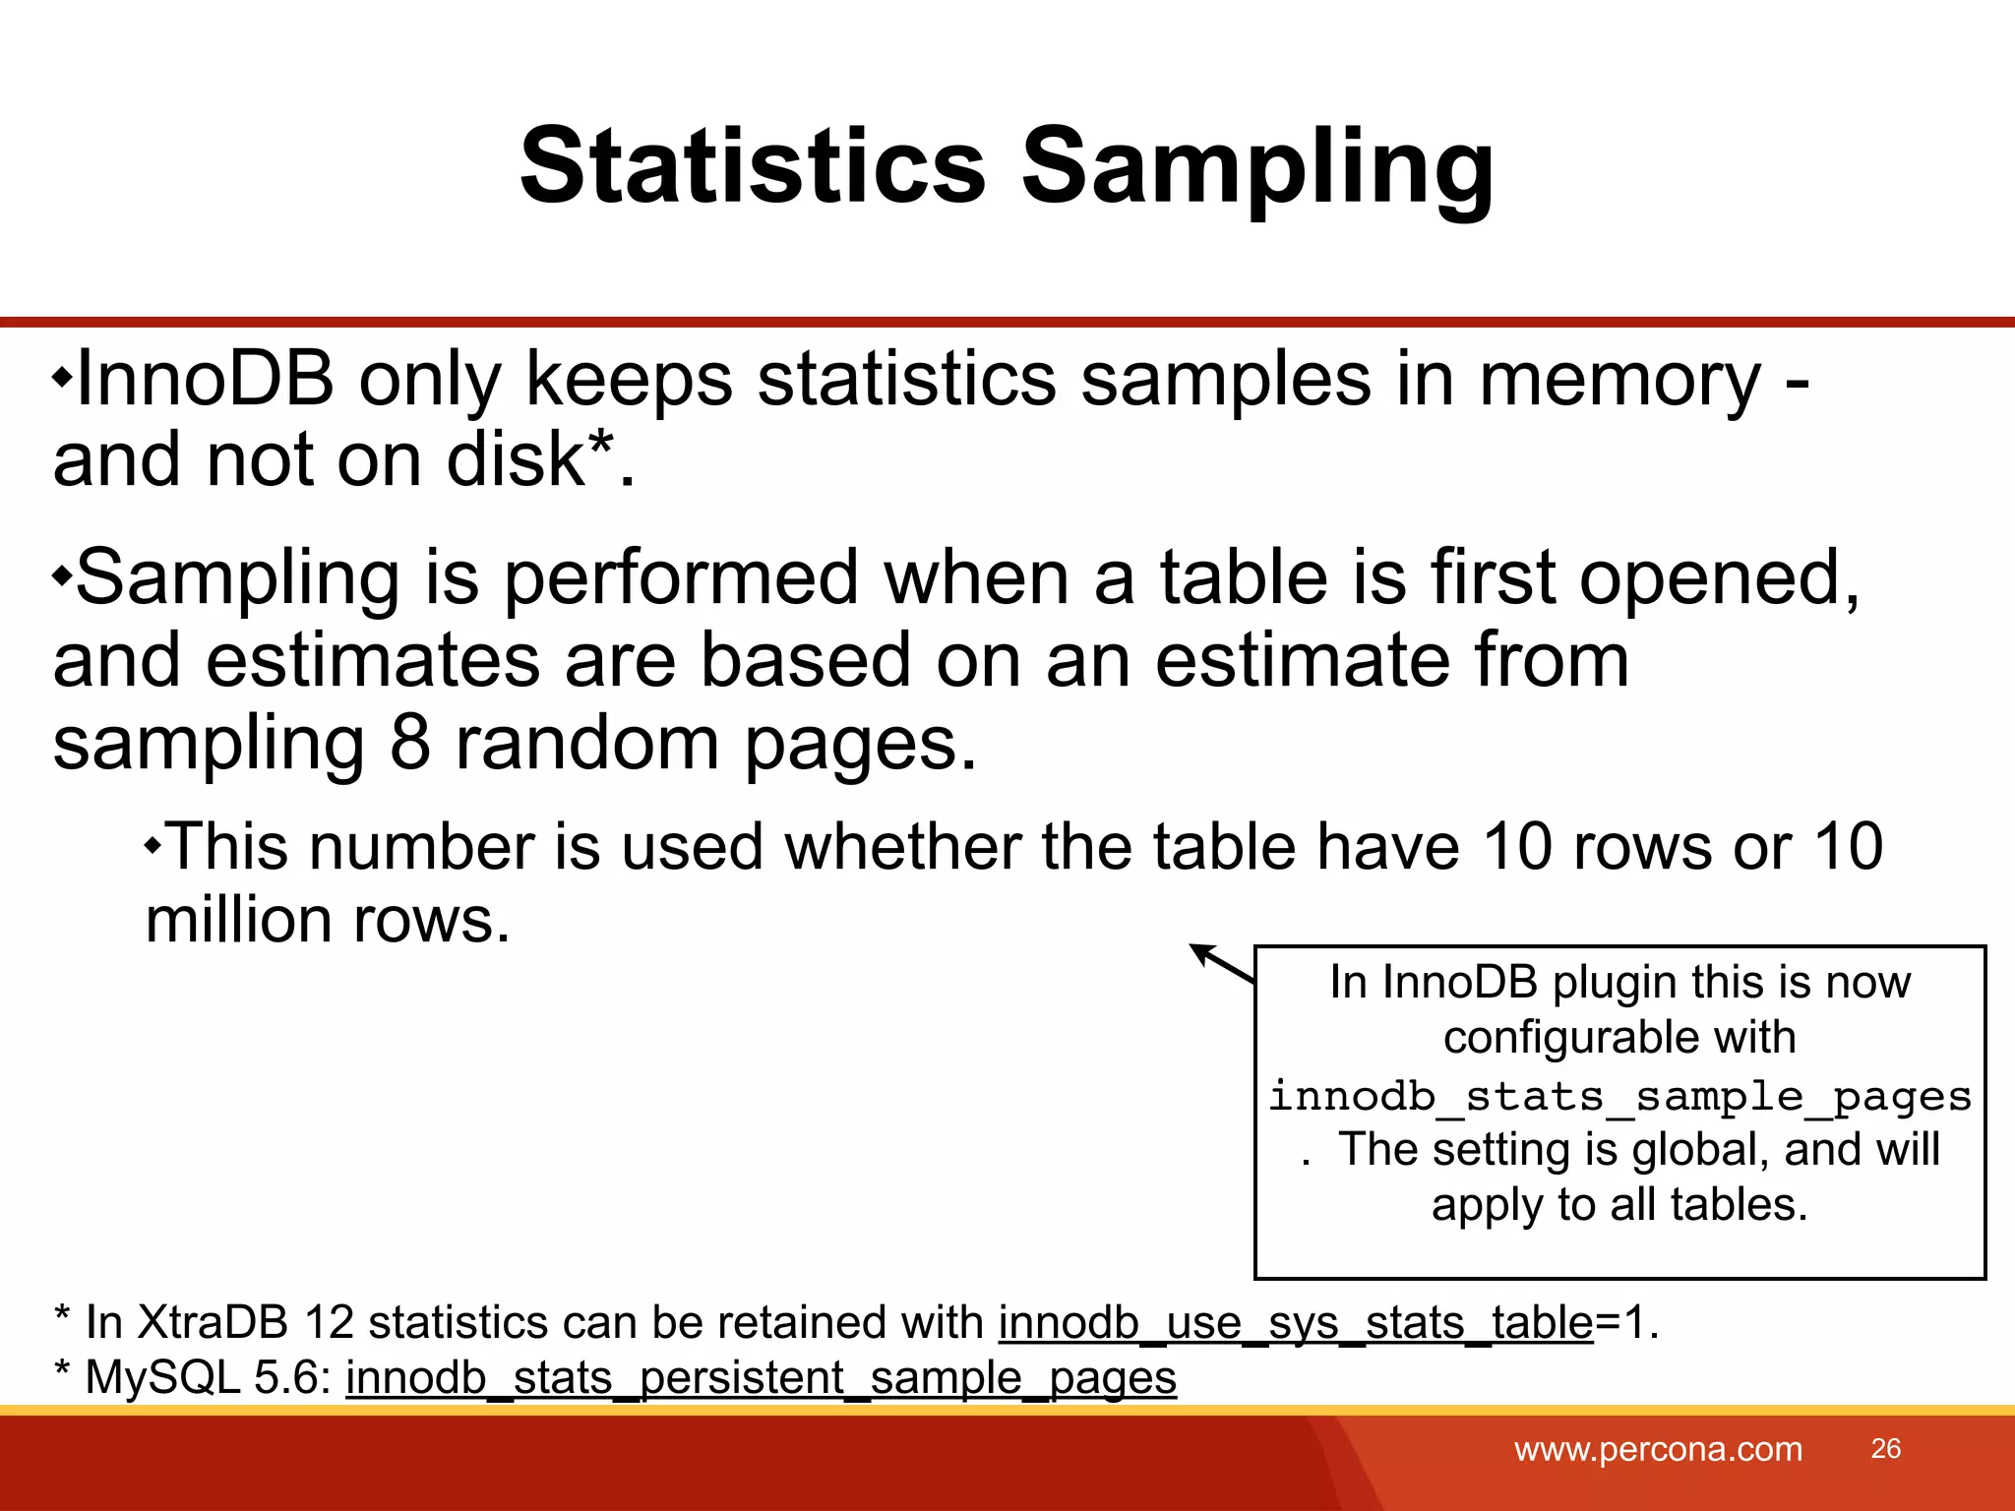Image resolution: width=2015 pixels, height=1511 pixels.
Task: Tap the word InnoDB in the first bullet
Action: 205,379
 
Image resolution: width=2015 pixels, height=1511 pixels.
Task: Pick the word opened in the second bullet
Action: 1718,578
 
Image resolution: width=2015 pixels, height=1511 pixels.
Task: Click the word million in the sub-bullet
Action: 238,921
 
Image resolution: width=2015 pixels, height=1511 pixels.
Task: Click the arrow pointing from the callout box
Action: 1221,963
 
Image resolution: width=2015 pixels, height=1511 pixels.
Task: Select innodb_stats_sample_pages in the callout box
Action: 1619,1096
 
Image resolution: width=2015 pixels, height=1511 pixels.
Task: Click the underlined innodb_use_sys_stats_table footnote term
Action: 1295,1322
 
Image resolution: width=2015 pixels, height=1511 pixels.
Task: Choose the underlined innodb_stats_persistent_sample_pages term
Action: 761,1377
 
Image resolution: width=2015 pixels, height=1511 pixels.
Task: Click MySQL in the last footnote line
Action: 163,1377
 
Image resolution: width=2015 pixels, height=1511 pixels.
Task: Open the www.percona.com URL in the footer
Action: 1658,1449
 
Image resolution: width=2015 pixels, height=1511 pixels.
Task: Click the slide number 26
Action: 1885,1448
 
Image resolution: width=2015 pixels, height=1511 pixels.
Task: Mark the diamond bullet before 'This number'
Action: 153,846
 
